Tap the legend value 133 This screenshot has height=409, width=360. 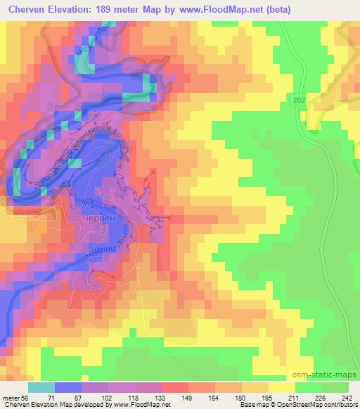coord(160,397)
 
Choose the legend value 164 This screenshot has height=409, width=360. coord(214,397)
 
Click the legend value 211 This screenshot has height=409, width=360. coord(295,397)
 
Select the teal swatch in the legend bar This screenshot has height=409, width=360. coord(41,387)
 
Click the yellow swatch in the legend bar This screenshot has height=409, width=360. coord(281,387)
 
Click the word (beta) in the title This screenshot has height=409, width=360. coord(259,10)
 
